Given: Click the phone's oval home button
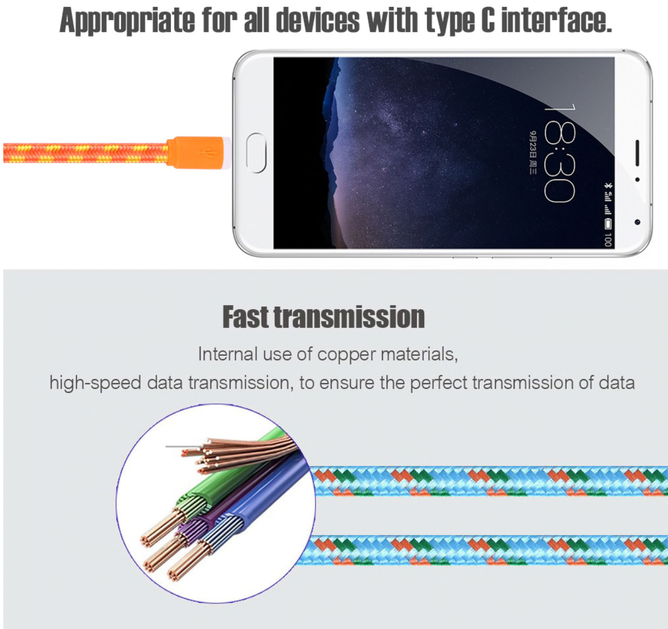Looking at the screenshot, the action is click(x=256, y=153).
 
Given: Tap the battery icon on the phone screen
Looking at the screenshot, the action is click(x=608, y=223).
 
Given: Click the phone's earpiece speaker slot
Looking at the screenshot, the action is click(x=637, y=153).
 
